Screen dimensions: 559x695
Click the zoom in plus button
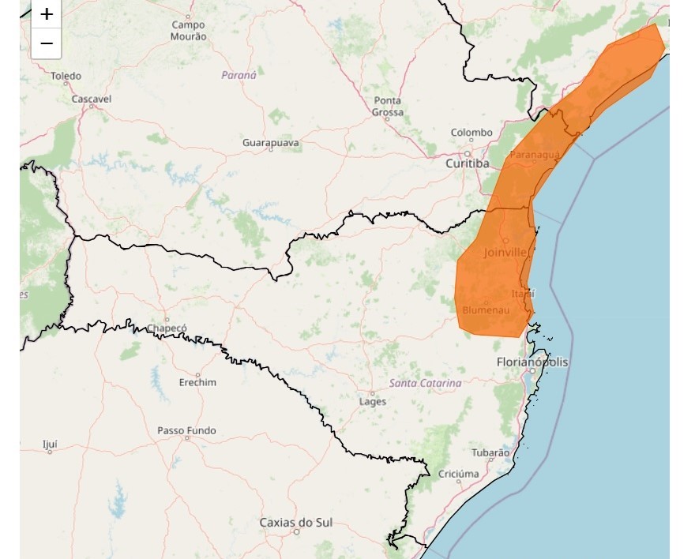[47, 14]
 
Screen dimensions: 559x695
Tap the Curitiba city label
[468, 163]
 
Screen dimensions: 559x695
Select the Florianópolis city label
[532, 362]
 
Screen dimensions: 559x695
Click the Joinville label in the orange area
[505, 253]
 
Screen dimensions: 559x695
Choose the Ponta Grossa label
[388, 107]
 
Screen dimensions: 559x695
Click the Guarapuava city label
[271, 142]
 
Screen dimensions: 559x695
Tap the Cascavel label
[92, 99]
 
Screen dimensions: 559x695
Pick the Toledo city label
[66, 76]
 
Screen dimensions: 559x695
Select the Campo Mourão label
[189, 31]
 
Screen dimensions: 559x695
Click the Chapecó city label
[167, 328]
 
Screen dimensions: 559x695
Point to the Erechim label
[197, 382]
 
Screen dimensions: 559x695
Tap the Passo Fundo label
[186, 430]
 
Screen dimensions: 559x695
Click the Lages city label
[373, 401]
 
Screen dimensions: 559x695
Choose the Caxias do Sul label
[296, 523]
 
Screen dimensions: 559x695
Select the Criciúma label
[458, 474]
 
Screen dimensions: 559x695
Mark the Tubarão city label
[490, 452]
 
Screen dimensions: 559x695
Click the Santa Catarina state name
[425, 383]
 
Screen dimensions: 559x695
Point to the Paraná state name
[239, 75]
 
